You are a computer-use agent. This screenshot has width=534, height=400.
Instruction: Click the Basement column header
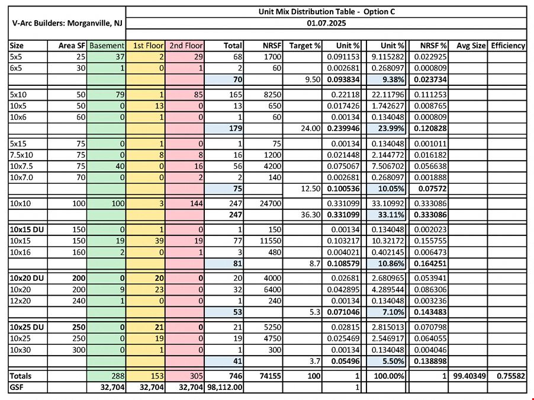[x=107, y=46]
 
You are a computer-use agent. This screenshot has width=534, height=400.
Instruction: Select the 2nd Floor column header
[x=186, y=46]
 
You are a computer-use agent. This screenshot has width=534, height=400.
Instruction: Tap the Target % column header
[x=304, y=46]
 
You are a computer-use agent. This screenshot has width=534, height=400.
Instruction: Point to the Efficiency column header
[x=508, y=46]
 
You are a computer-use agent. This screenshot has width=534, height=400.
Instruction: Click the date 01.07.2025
[x=326, y=23]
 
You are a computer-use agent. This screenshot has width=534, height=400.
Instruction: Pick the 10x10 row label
[x=20, y=204]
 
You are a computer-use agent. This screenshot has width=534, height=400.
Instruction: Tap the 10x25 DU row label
[x=27, y=327]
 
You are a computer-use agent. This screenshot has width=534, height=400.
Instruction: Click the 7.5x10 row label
[x=21, y=155]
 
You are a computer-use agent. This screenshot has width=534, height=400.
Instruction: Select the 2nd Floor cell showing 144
[x=196, y=204]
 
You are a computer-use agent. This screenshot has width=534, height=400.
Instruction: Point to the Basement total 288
[x=117, y=376]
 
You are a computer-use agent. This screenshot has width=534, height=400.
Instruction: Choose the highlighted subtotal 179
[x=236, y=128]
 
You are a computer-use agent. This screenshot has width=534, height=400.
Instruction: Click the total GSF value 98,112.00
[x=224, y=387]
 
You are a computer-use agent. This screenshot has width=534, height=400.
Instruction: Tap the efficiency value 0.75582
[x=511, y=376]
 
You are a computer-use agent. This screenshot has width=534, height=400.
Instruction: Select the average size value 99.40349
[x=469, y=376]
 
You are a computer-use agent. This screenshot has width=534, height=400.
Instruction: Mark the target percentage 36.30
[x=311, y=215]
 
